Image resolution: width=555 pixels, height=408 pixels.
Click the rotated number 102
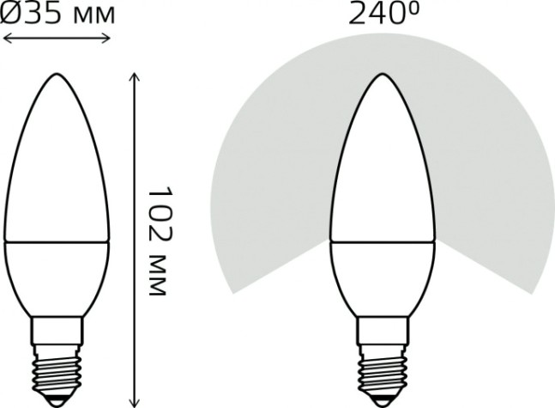[x=155, y=205]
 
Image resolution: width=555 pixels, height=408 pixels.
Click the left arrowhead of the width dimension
[x=7, y=38]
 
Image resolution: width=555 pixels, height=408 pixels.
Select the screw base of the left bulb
[x=57, y=352]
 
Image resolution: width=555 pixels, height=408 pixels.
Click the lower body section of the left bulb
[x=57, y=275]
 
